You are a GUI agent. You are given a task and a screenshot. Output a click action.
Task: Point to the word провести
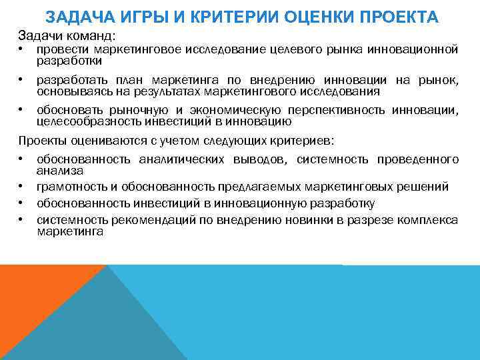(x=63, y=49)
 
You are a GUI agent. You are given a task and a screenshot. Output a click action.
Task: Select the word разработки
(x=69, y=61)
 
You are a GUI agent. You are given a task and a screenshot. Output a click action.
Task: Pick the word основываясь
(x=72, y=91)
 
